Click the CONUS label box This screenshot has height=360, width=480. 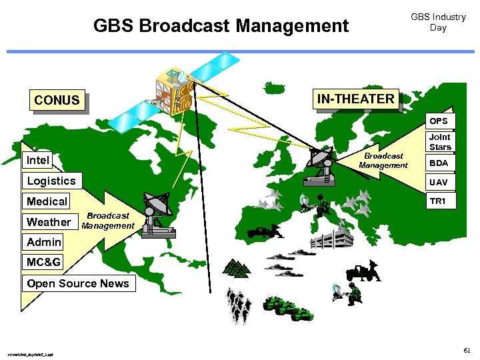[57, 101]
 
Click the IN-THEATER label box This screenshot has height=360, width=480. [355, 99]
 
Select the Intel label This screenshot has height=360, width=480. [38, 160]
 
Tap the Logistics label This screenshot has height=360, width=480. [51, 181]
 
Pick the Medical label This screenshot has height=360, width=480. [47, 201]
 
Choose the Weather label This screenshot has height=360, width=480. [49, 222]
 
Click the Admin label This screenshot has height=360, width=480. [44, 242]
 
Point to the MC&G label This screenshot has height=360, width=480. [44, 262]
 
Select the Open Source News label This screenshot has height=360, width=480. [77, 283]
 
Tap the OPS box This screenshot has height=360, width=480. [439, 121]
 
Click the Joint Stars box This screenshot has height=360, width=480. [440, 142]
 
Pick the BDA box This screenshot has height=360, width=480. [439, 163]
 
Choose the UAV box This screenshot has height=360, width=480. [439, 182]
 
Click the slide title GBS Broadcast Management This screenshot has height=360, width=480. [221, 26]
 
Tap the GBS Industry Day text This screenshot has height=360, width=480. [438, 22]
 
